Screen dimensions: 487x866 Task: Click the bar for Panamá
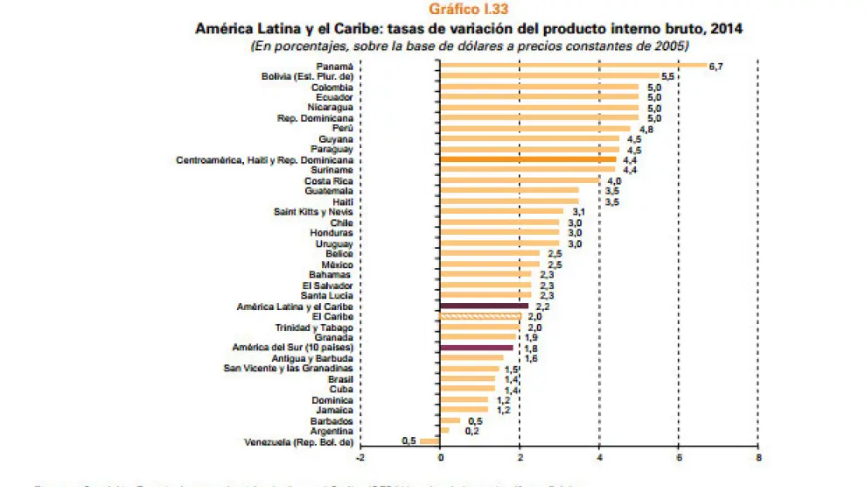[x=573, y=66]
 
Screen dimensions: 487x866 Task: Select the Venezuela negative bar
[x=430, y=441]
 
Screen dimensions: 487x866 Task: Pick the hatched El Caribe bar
[x=480, y=317]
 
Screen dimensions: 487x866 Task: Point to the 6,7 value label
[x=716, y=67]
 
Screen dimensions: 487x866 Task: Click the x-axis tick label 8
[x=758, y=457]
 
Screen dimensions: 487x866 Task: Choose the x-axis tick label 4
[x=599, y=457]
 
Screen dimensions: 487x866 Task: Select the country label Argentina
[x=332, y=430]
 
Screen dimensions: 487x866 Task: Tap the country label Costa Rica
[x=330, y=180]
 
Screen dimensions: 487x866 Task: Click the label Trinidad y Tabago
[x=315, y=327]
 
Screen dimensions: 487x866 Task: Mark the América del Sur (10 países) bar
[x=476, y=348]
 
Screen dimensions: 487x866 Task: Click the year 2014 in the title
[x=727, y=29]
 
